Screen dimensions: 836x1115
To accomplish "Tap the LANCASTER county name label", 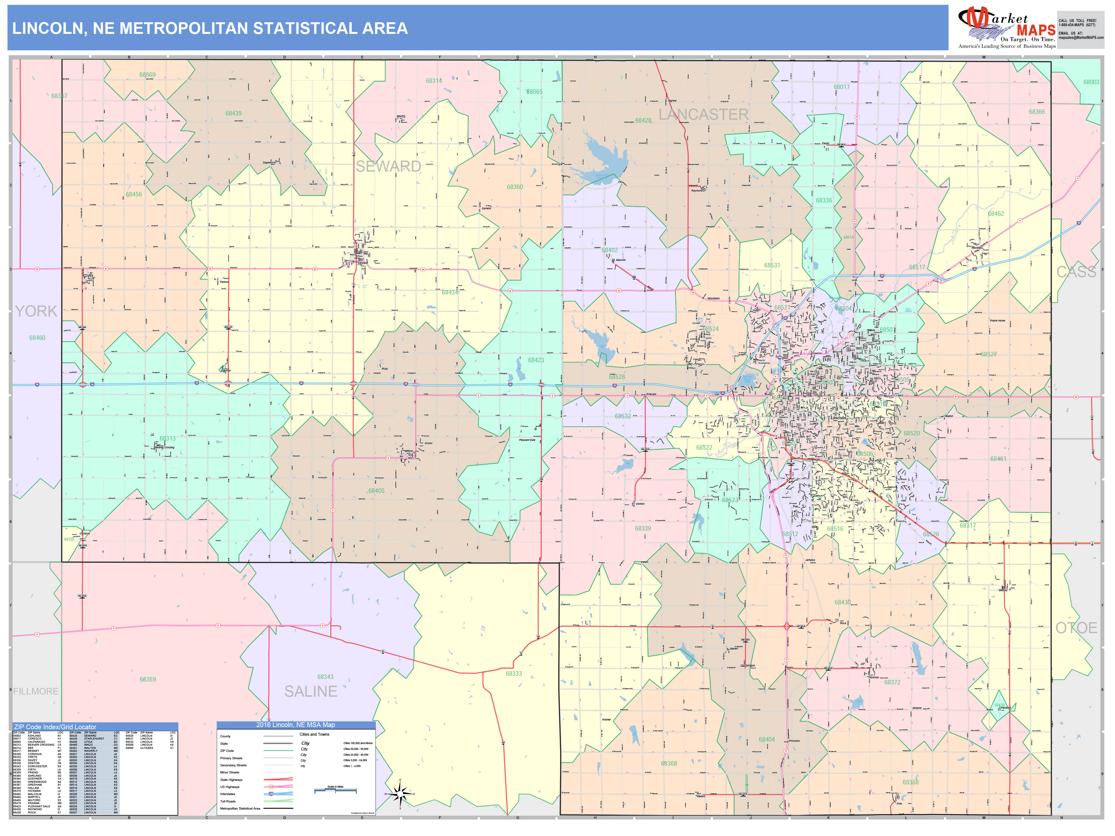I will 703,114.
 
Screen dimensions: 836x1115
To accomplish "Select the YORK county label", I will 36,311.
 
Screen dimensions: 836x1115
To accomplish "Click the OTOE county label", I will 1076,628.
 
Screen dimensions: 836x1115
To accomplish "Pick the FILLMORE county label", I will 36,692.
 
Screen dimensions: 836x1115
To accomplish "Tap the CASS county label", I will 1076,272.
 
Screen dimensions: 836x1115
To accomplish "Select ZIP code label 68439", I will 233,114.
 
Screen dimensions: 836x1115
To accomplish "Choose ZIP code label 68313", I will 167,438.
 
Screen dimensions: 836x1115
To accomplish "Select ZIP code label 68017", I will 841,87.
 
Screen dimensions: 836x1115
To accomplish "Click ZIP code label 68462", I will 996,214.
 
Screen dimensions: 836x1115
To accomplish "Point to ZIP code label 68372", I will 892,682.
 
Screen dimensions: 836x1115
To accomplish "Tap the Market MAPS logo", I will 1007,28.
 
